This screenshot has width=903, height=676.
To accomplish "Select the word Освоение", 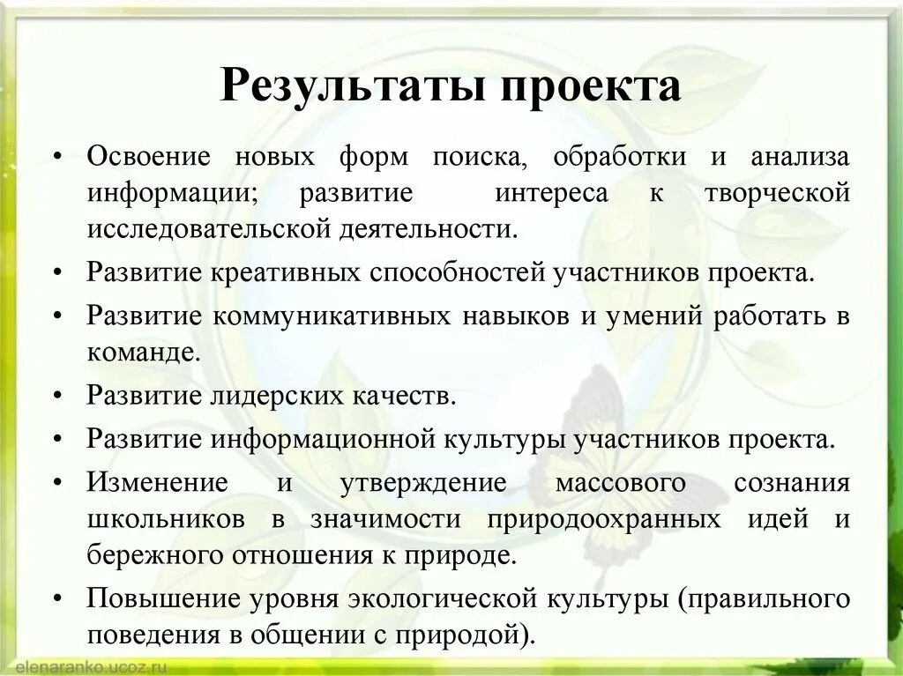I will click(x=149, y=157).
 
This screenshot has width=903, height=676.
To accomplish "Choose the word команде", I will click(x=139, y=353).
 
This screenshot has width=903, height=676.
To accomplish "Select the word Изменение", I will click(x=157, y=483).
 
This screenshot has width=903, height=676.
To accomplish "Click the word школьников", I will click(x=167, y=519).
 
